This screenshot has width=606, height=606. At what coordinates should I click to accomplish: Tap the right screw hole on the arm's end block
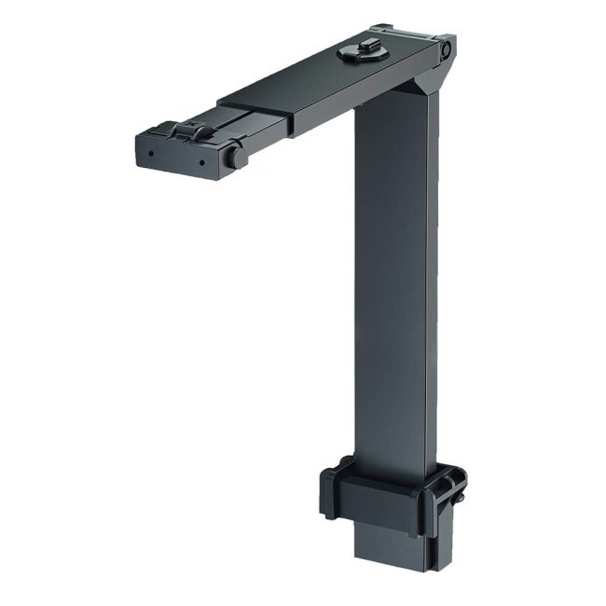[200, 161]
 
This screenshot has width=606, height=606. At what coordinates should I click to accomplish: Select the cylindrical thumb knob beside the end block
[235, 156]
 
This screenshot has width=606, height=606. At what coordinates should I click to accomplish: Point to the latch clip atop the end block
[188, 131]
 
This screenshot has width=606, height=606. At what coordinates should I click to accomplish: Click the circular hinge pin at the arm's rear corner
[446, 48]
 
